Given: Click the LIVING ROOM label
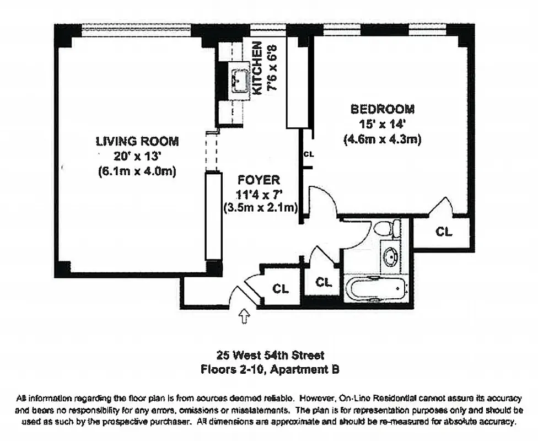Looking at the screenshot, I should pos(137,141).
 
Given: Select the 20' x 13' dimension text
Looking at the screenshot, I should pos(137,156).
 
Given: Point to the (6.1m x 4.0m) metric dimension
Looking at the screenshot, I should pos(137,171).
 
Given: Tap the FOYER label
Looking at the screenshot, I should pos(259,180).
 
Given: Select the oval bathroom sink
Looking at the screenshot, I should pos(391,256).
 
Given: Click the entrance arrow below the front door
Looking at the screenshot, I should pos(244,316).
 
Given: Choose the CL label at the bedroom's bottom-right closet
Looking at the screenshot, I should pos(443,232).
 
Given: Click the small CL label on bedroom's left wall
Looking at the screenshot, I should pos(308,154).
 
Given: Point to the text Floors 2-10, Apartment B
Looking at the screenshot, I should pos(270,370).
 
